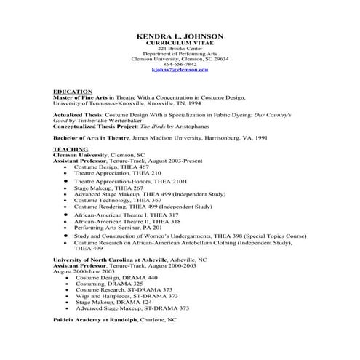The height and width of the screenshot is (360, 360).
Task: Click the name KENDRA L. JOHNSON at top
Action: coord(180,36)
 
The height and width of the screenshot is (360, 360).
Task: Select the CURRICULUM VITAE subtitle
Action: coord(180,43)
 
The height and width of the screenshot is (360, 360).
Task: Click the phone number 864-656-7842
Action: coord(180,63)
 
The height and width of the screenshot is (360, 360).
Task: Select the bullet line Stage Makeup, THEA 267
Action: coord(108,188)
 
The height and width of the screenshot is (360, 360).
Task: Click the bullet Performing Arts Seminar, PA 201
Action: coord(122,228)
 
